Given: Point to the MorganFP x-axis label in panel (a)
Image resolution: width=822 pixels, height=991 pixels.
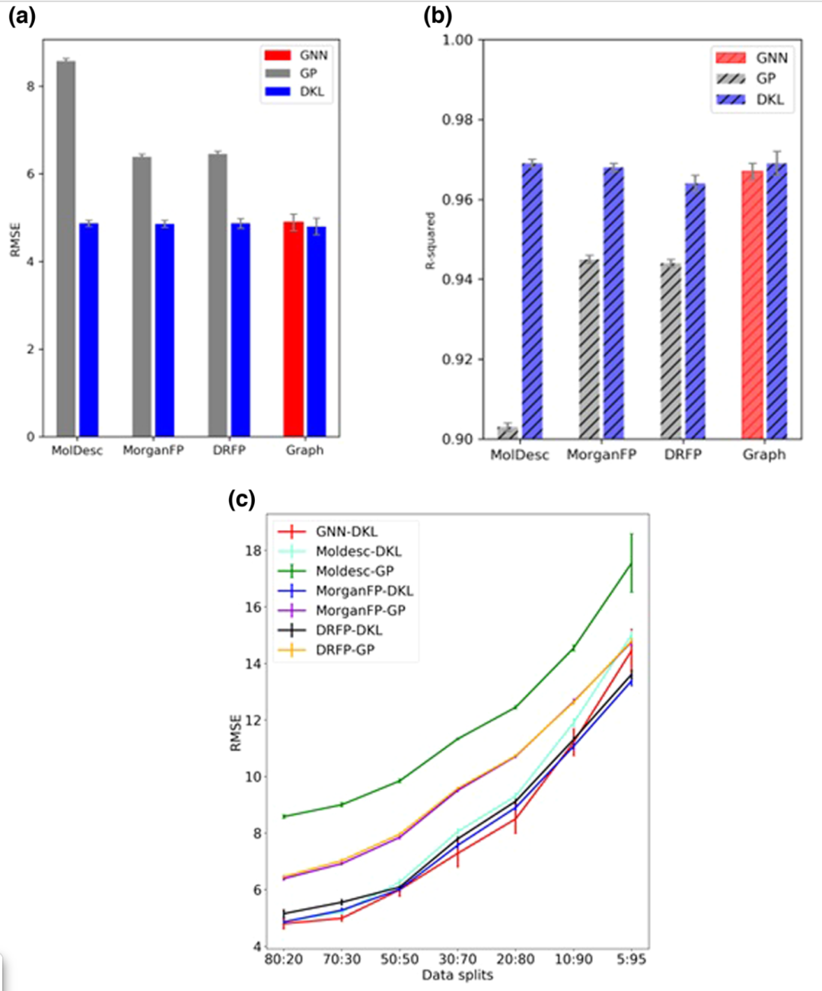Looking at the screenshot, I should click(153, 450).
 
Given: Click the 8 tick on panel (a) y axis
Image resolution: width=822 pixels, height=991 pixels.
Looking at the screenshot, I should click(30, 86).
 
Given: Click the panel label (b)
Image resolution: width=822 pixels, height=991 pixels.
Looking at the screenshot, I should click(438, 16).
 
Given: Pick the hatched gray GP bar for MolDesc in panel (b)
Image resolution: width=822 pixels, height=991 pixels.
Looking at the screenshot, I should click(508, 433).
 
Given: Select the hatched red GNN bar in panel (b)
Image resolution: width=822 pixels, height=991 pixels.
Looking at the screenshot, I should click(752, 305).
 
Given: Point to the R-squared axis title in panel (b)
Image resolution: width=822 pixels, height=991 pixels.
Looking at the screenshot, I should click(430, 241).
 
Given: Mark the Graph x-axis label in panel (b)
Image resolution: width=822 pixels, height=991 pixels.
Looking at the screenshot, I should click(763, 455).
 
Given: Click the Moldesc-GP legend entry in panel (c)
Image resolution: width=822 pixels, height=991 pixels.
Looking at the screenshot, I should click(355, 571).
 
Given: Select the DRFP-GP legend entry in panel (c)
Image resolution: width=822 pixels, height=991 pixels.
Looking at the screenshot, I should click(345, 650).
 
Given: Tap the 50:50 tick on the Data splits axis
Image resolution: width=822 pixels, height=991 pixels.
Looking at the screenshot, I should click(400, 959).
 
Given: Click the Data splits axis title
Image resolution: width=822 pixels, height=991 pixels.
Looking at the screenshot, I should click(457, 975).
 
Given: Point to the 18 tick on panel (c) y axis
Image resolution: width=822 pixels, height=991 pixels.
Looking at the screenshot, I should click(253, 551).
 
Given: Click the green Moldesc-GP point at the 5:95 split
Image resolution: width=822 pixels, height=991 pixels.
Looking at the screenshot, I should click(631, 564).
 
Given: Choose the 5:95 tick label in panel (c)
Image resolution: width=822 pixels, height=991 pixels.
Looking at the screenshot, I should click(631, 959).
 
